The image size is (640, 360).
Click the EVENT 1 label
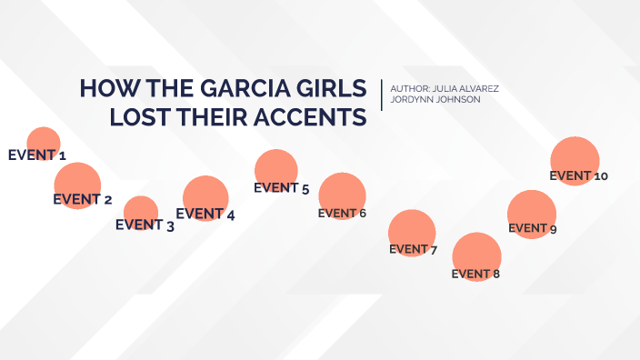[x=36, y=155]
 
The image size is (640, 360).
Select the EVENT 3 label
[x=145, y=225]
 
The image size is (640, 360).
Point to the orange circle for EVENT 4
[x=205, y=196]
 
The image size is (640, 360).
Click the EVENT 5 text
[x=282, y=188]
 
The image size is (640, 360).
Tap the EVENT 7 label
[x=414, y=248]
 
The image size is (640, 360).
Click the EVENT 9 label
[x=533, y=228]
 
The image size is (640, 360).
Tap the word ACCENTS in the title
[x=313, y=118]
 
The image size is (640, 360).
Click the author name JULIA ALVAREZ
[x=463, y=88]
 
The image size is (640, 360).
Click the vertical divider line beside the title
[x=382, y=94]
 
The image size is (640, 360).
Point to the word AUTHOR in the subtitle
[x=407, y=88]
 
